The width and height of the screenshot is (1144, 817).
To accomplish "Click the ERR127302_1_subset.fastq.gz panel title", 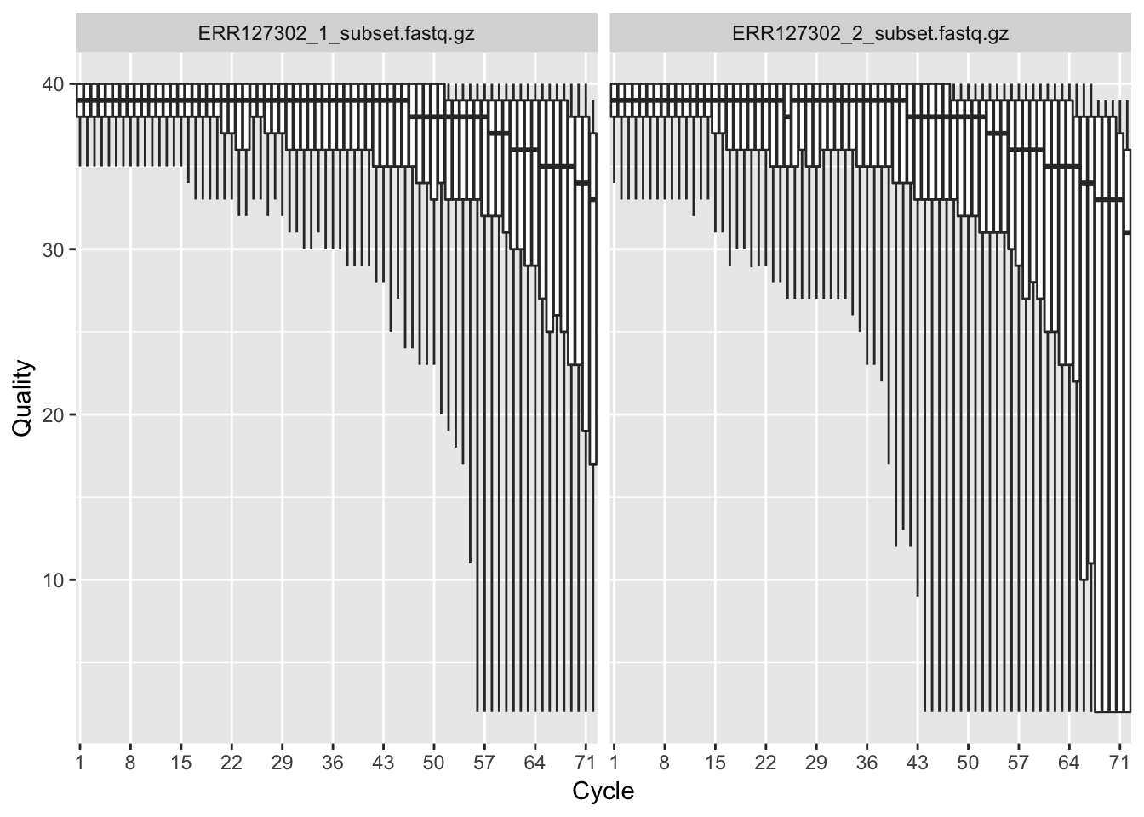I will pos(336,34).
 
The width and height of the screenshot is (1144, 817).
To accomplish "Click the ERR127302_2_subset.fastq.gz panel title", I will pos(870,34).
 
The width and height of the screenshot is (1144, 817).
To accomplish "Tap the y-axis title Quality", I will pos(23,398).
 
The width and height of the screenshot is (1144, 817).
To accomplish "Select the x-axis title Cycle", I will pos(603,791).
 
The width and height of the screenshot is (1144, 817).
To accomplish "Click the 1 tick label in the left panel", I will pos(79,763).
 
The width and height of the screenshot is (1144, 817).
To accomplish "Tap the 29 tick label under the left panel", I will pos(282,763).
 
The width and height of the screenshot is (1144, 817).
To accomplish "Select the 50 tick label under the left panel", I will pos(433,763).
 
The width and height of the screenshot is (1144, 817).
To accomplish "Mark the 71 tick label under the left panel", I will pos(585,763).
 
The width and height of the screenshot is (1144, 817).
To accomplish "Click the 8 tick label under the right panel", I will pos(664,763).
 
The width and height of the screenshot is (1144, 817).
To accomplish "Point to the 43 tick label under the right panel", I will pos(917,763).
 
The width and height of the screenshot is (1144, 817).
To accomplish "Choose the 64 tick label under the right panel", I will pos(1068,763).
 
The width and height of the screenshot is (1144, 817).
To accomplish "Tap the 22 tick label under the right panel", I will pos(765,763).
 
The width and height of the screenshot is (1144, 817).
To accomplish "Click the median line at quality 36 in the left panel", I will pos(524,150).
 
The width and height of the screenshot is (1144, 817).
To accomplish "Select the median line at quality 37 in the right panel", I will pos(997,134).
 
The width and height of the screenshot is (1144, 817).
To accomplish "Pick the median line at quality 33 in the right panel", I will pos(1109,199).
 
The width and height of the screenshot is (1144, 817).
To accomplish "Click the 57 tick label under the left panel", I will pos(483,763).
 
